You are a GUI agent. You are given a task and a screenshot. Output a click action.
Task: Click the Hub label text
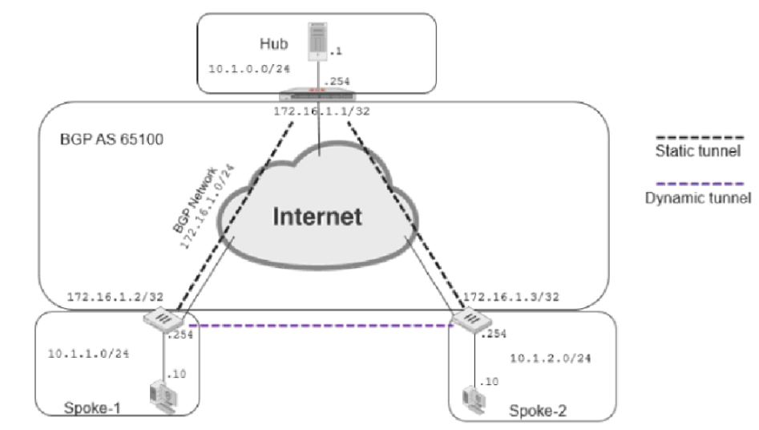click(x=272, y=42)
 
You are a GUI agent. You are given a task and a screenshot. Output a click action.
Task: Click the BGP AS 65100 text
click(x=112, y=140)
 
